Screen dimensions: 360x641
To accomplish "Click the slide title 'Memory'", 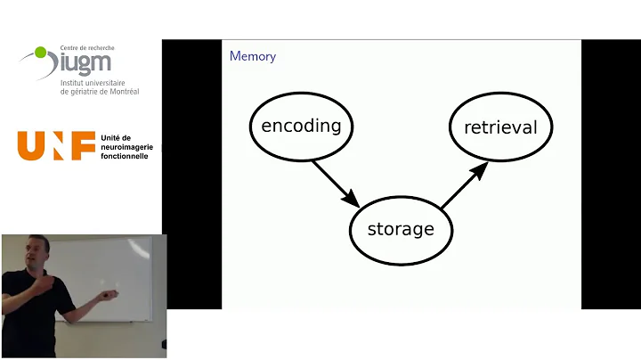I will coord(253,56).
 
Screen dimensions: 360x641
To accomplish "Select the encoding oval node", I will coord(301,125).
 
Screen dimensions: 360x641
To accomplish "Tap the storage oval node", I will coord(401,229).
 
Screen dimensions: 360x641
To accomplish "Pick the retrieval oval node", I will coord(500,127).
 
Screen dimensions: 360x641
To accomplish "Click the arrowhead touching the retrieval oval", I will coord(480,169).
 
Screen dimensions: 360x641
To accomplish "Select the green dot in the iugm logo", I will coord(40,53).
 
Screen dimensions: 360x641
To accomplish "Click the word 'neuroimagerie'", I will coord(126,147).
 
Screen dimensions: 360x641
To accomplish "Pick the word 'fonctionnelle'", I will coord(126,156).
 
